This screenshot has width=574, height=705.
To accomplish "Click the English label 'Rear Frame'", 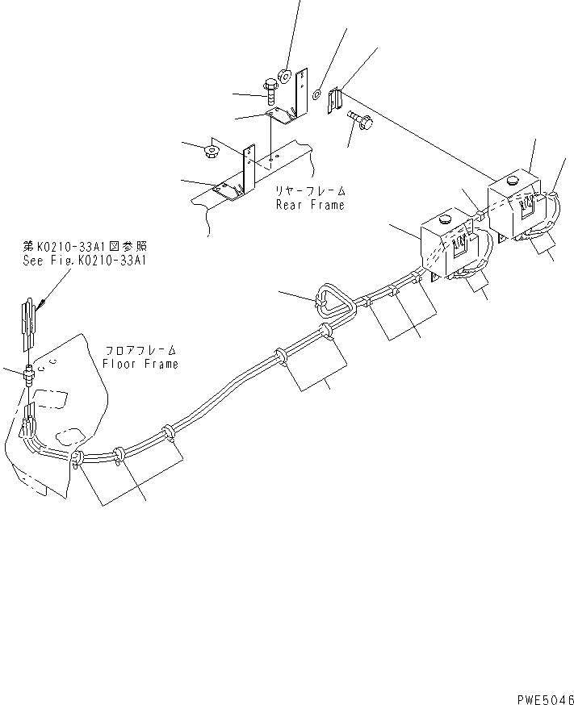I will point(310,205).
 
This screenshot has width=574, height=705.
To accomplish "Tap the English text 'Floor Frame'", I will point(140,364).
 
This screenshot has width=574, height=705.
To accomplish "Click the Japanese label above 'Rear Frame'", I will point(310,191).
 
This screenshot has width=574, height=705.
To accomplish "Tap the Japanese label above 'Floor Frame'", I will point(140,351).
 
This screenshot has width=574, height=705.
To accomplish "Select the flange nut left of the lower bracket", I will point(213,150).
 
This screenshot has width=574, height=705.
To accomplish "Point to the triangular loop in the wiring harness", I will point(333,300).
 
